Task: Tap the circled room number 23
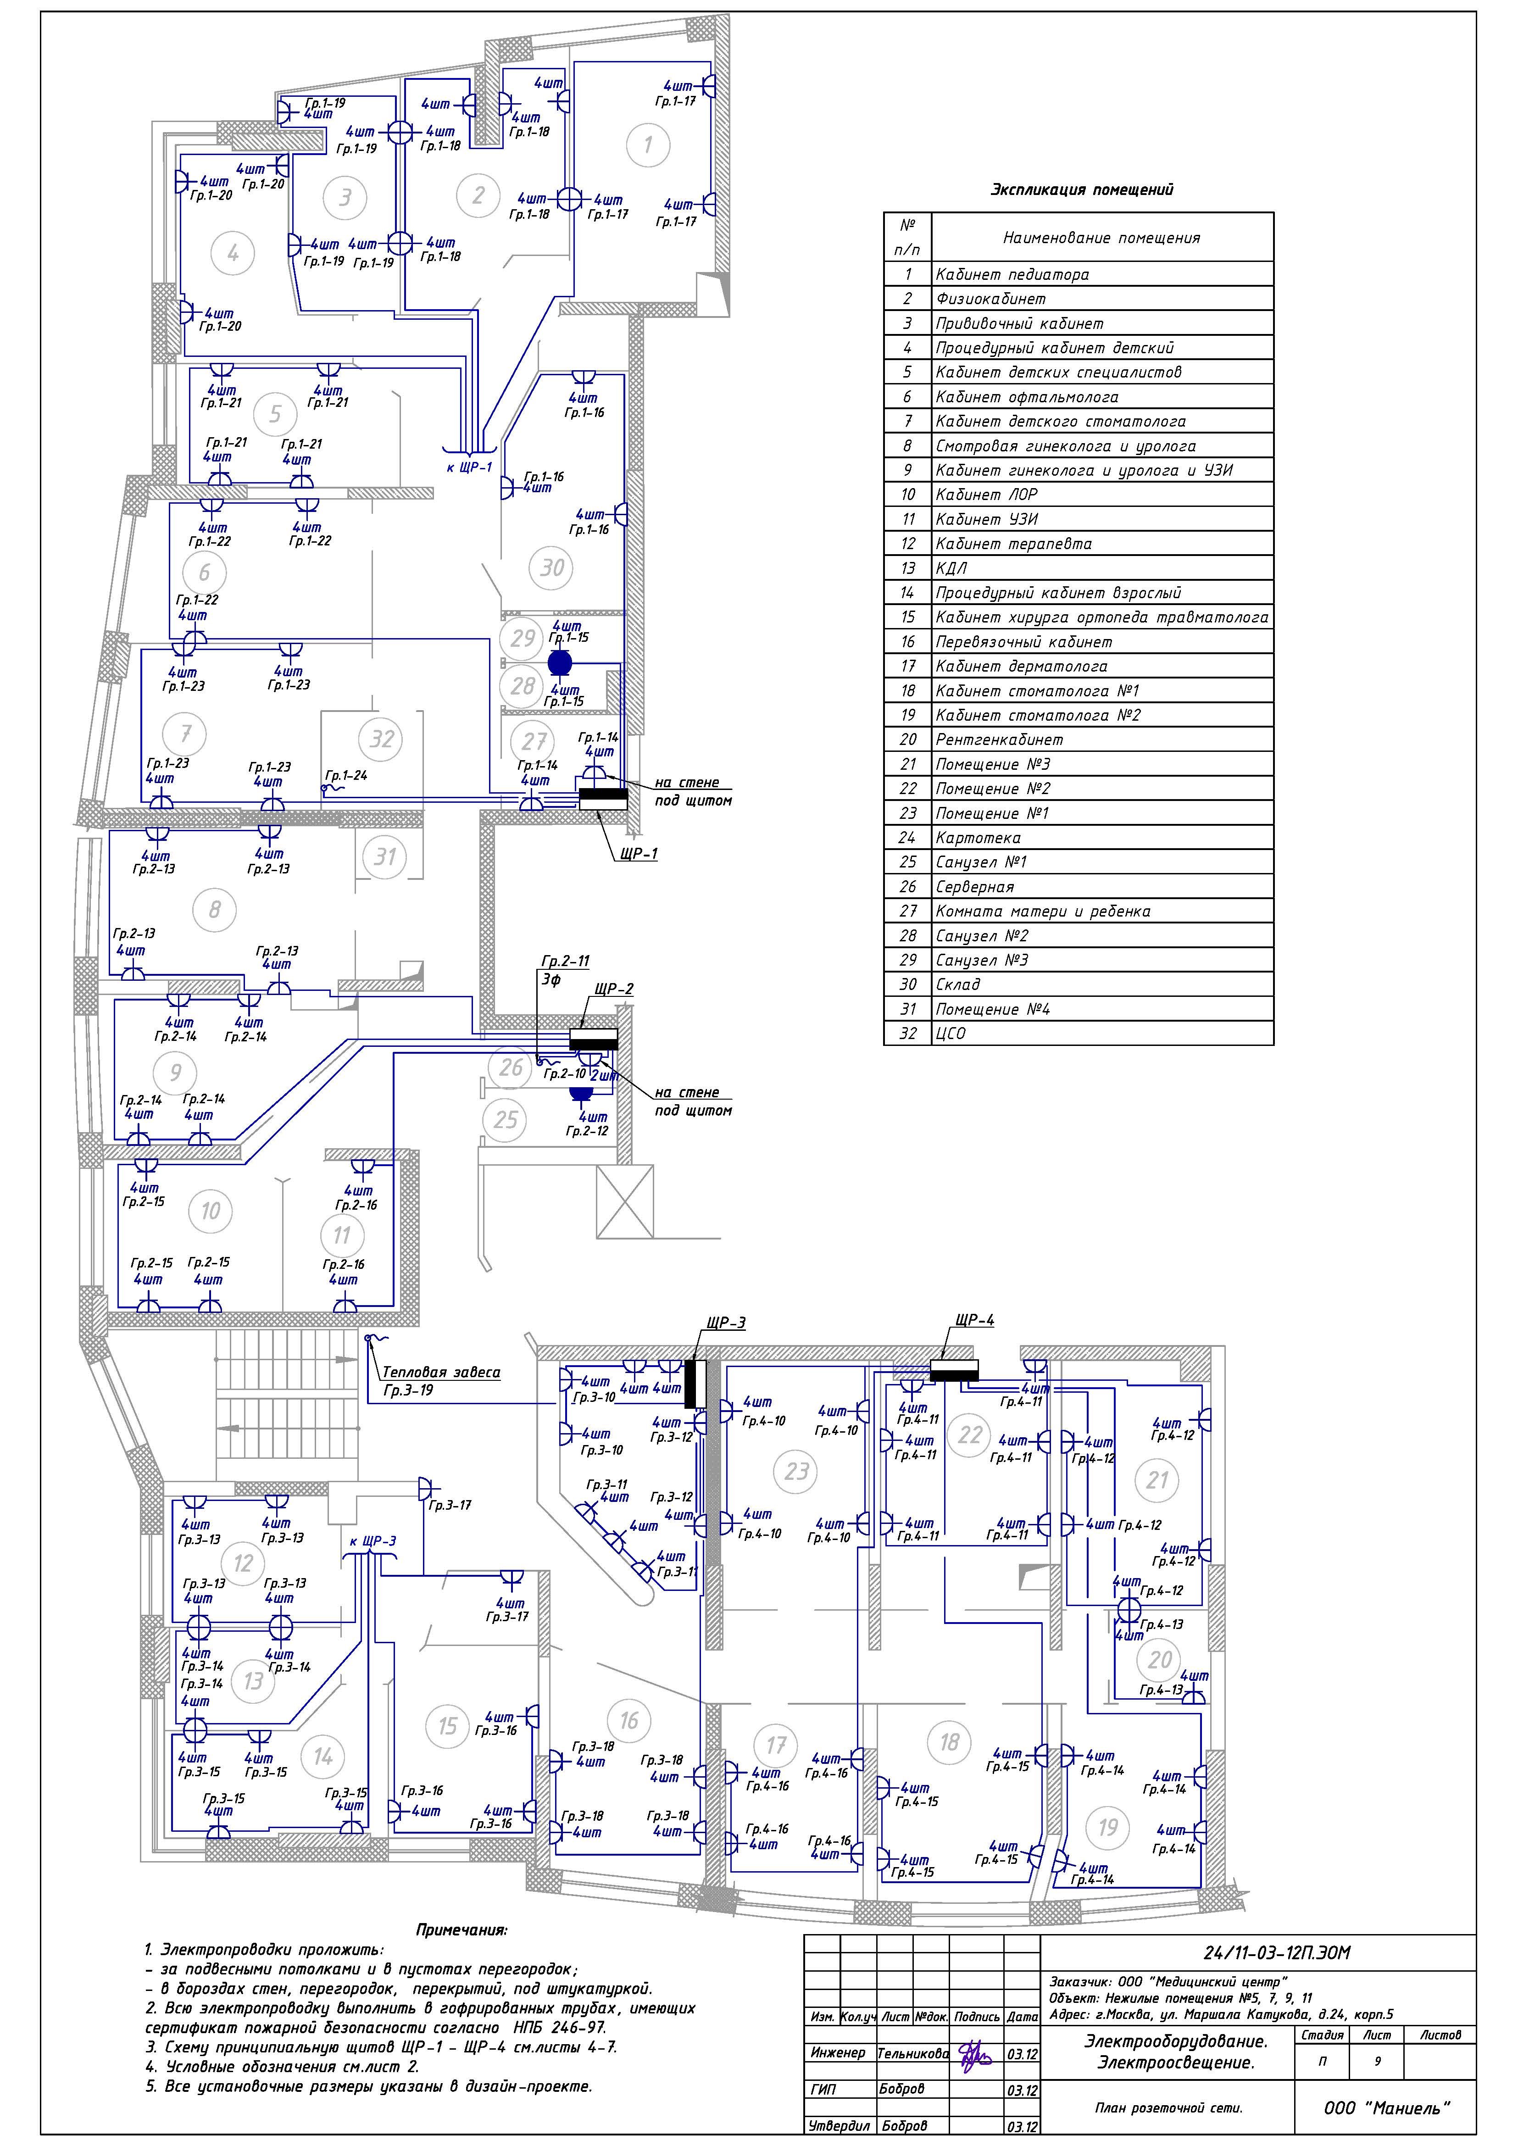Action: (x=796, y=1471)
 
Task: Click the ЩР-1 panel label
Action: (x=637, y=853)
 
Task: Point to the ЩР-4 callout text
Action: (x=975, y=1321)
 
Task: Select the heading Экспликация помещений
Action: (x=1081, y=190)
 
